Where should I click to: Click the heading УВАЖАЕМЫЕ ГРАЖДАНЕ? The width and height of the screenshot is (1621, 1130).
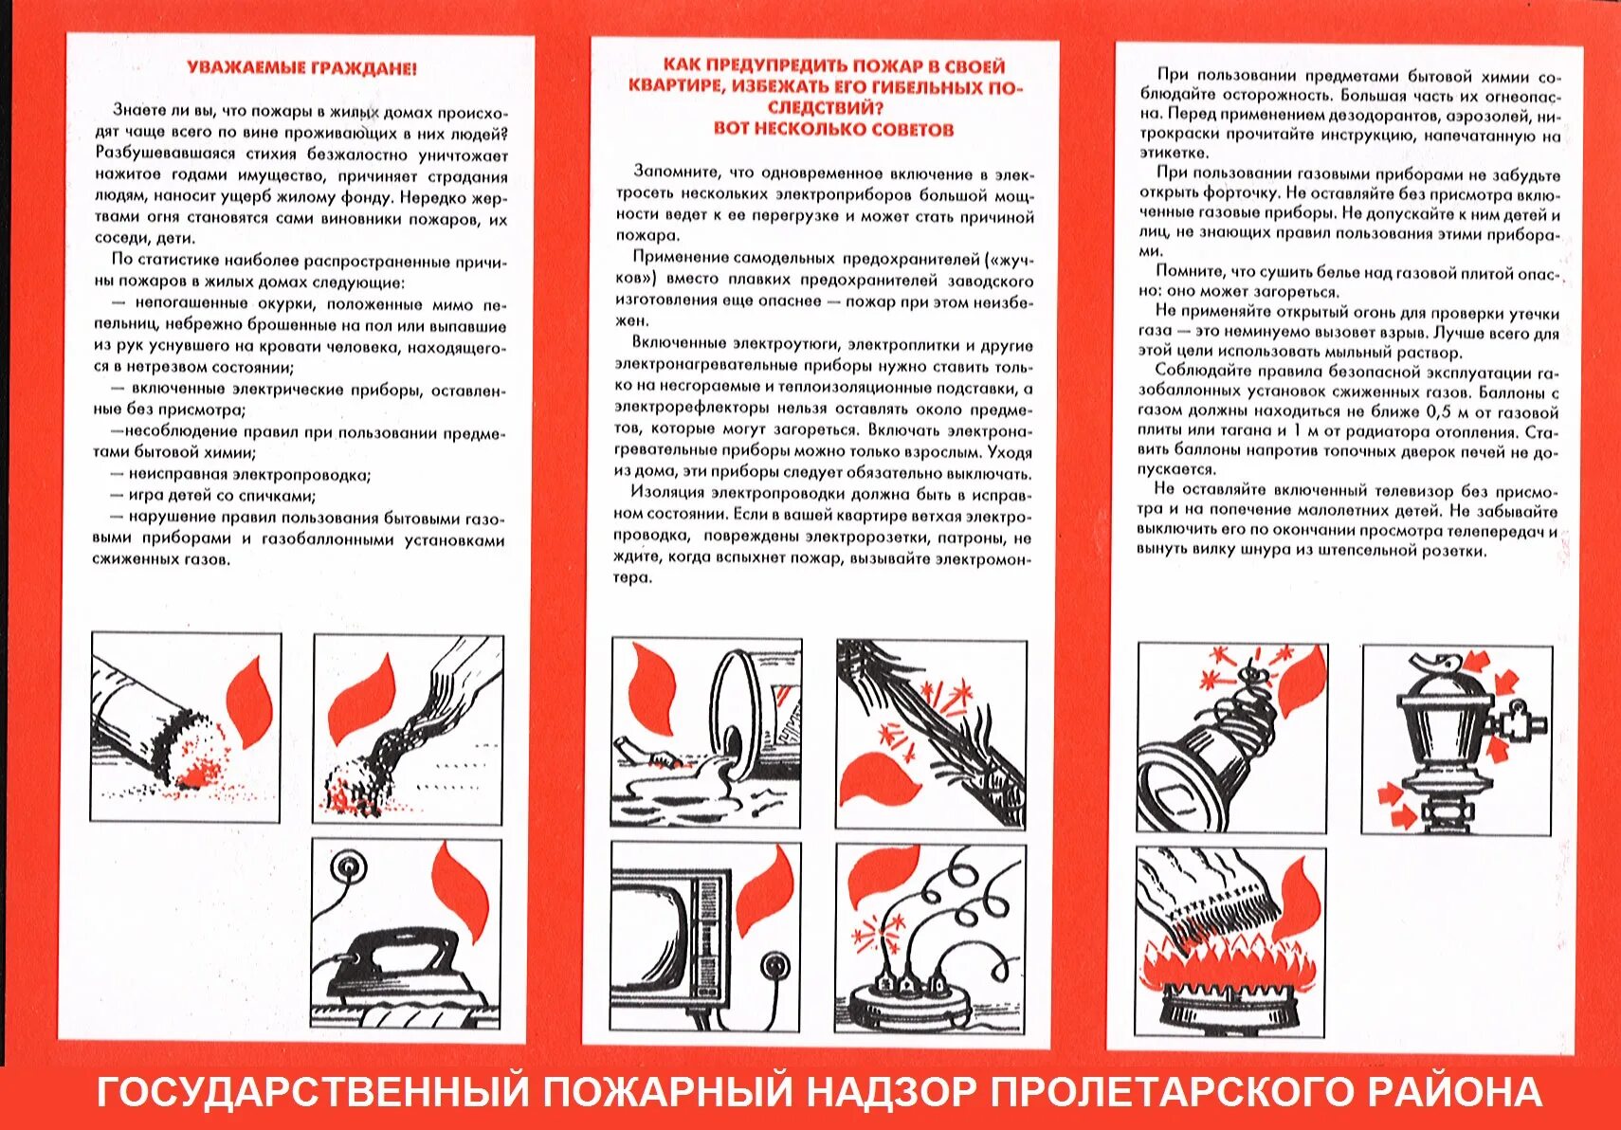[301, 68]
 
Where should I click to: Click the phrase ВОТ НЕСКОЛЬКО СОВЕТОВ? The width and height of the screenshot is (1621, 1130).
[833, 129]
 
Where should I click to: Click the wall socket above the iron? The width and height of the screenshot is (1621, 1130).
[346, 866]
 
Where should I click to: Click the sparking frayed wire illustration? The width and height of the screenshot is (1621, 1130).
[938, 730]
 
